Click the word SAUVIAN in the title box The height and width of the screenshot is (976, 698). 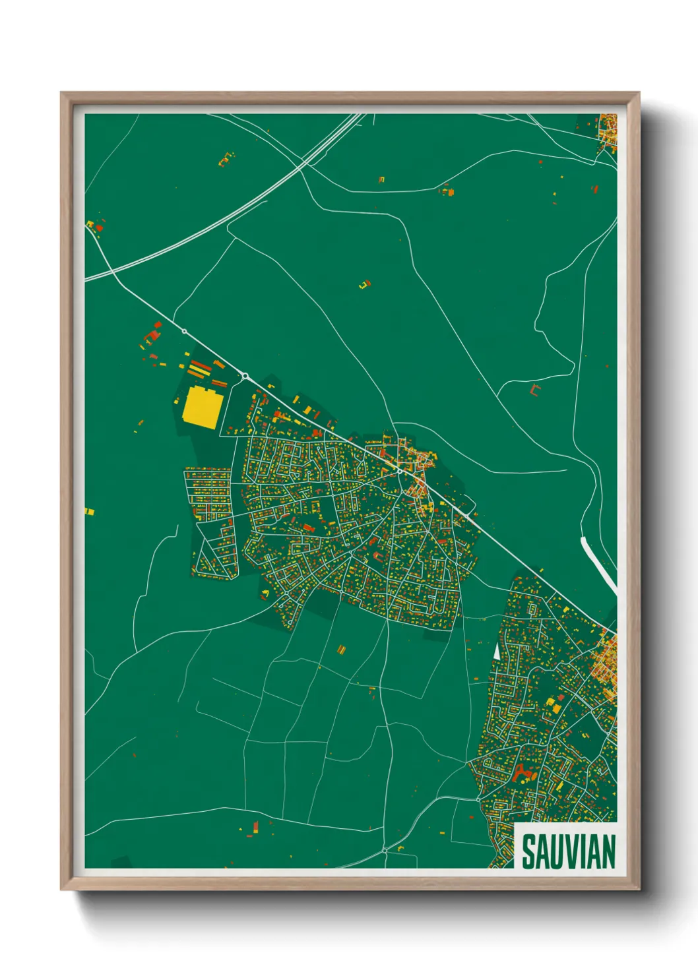(x=568, y=851)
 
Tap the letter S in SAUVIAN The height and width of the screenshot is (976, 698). (x=528, y=851)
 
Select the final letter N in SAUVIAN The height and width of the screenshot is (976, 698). (x=608, y=851)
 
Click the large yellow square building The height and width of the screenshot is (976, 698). (x=201, y=408)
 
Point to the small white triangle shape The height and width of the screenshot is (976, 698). (x=496, y=650)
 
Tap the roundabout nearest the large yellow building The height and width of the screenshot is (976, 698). (x=245, y=376)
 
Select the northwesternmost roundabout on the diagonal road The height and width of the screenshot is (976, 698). (x=184, y=331)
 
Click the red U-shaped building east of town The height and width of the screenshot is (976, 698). (x=534, y=390)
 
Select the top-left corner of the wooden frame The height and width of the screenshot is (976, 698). (x=62, y=94)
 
